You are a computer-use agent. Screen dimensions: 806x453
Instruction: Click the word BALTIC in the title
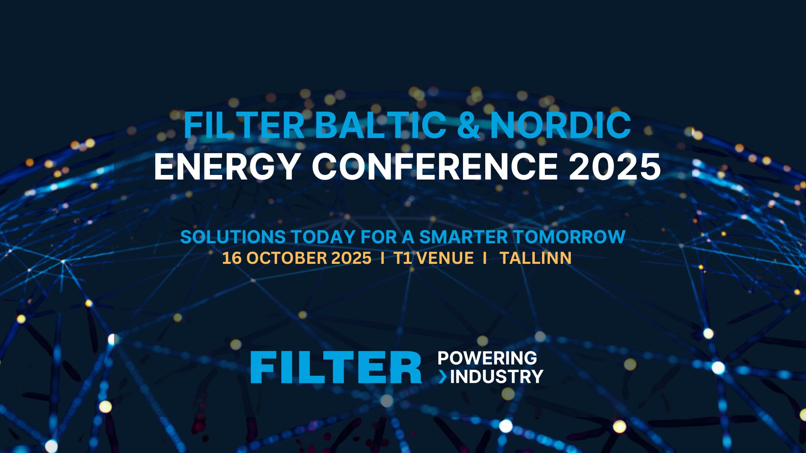tap(380, 125)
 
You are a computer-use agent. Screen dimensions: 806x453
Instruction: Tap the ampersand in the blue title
tap(468, 125)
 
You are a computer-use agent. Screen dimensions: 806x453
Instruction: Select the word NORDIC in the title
tap(560, 125)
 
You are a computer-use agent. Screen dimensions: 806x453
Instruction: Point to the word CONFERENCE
tap(434, 167)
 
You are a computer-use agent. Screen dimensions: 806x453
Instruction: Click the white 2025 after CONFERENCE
tap(615, 167)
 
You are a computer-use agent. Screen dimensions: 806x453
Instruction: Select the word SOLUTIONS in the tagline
tap(233, 237)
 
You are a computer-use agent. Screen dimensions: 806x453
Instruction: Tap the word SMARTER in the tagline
tap(463, 237)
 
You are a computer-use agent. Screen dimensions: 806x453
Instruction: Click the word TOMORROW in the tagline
tap(569, 237)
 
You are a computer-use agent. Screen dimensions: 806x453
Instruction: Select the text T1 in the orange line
tap(403, 258)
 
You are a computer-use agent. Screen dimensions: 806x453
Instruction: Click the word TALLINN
tap(536, 258)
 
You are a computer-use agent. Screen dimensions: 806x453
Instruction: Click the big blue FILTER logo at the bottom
tap(336, 367)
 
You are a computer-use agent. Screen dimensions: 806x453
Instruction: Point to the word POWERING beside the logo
tap(487, 358)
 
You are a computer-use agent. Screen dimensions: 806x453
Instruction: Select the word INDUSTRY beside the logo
tap(497, 377)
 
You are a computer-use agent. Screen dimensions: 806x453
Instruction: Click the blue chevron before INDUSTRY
tap(443, 377)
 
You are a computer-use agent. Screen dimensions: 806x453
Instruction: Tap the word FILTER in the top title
tap(244, 125)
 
